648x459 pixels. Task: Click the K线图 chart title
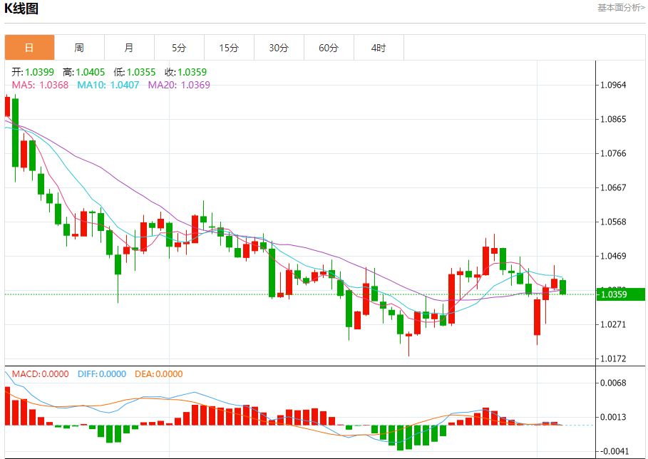(21, 9)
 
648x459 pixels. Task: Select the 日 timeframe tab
(29, 48)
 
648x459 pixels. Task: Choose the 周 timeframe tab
(79, 48)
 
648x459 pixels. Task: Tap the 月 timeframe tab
(129, 48)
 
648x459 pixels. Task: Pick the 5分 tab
(179, 48)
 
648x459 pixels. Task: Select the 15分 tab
(229, 48)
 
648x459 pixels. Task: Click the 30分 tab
(279, 48)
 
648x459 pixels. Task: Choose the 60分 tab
(329, 48)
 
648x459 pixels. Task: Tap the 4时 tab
(379, 48)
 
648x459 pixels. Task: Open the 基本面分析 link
(620, 8)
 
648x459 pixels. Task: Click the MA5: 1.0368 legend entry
(40, 85)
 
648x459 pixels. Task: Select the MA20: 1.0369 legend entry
(179, 85)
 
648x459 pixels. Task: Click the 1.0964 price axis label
(613, 85)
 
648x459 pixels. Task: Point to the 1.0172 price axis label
(613, 359)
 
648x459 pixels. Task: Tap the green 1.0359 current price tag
(619, 294)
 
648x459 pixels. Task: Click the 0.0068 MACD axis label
(613, 383)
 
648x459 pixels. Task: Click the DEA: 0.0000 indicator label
(158, 374)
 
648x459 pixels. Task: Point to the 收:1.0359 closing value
(185, 72)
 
